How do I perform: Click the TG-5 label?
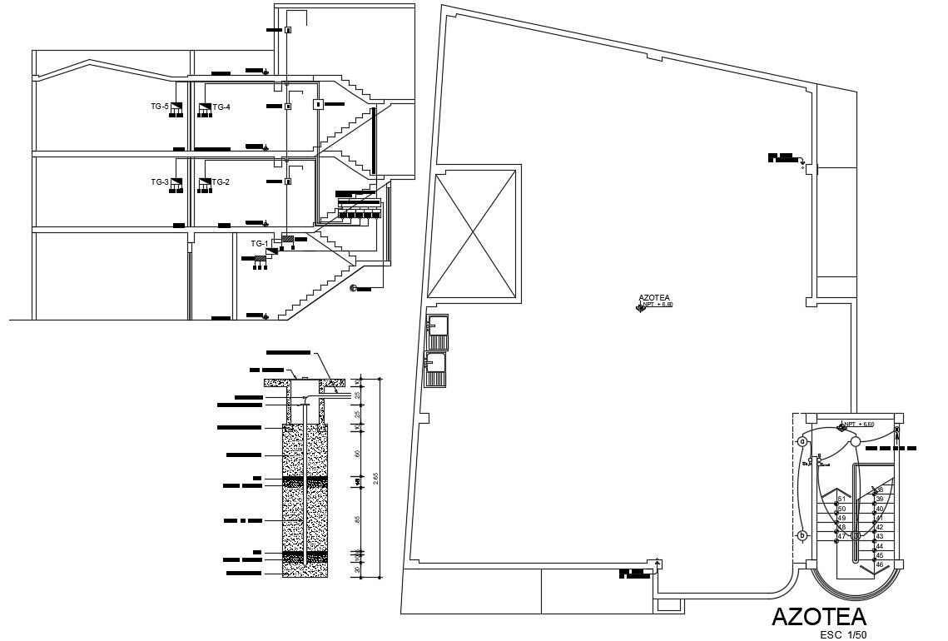point(159,107)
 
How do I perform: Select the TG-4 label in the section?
point(221,107)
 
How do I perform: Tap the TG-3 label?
point(159,181)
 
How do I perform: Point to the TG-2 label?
point(221,181)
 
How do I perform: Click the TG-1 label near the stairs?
point(259,244)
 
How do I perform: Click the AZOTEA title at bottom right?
point(819,617)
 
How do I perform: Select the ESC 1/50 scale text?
point(843,635)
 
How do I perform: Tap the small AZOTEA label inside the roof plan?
point(654,297)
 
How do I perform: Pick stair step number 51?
point(841,499)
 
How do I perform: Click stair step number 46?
point(880,564)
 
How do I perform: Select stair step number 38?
point(880,489)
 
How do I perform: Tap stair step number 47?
point(841,536)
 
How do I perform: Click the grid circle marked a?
point(802,441)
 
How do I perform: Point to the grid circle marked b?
point(802,535)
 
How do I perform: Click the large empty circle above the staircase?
point(854,442)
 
